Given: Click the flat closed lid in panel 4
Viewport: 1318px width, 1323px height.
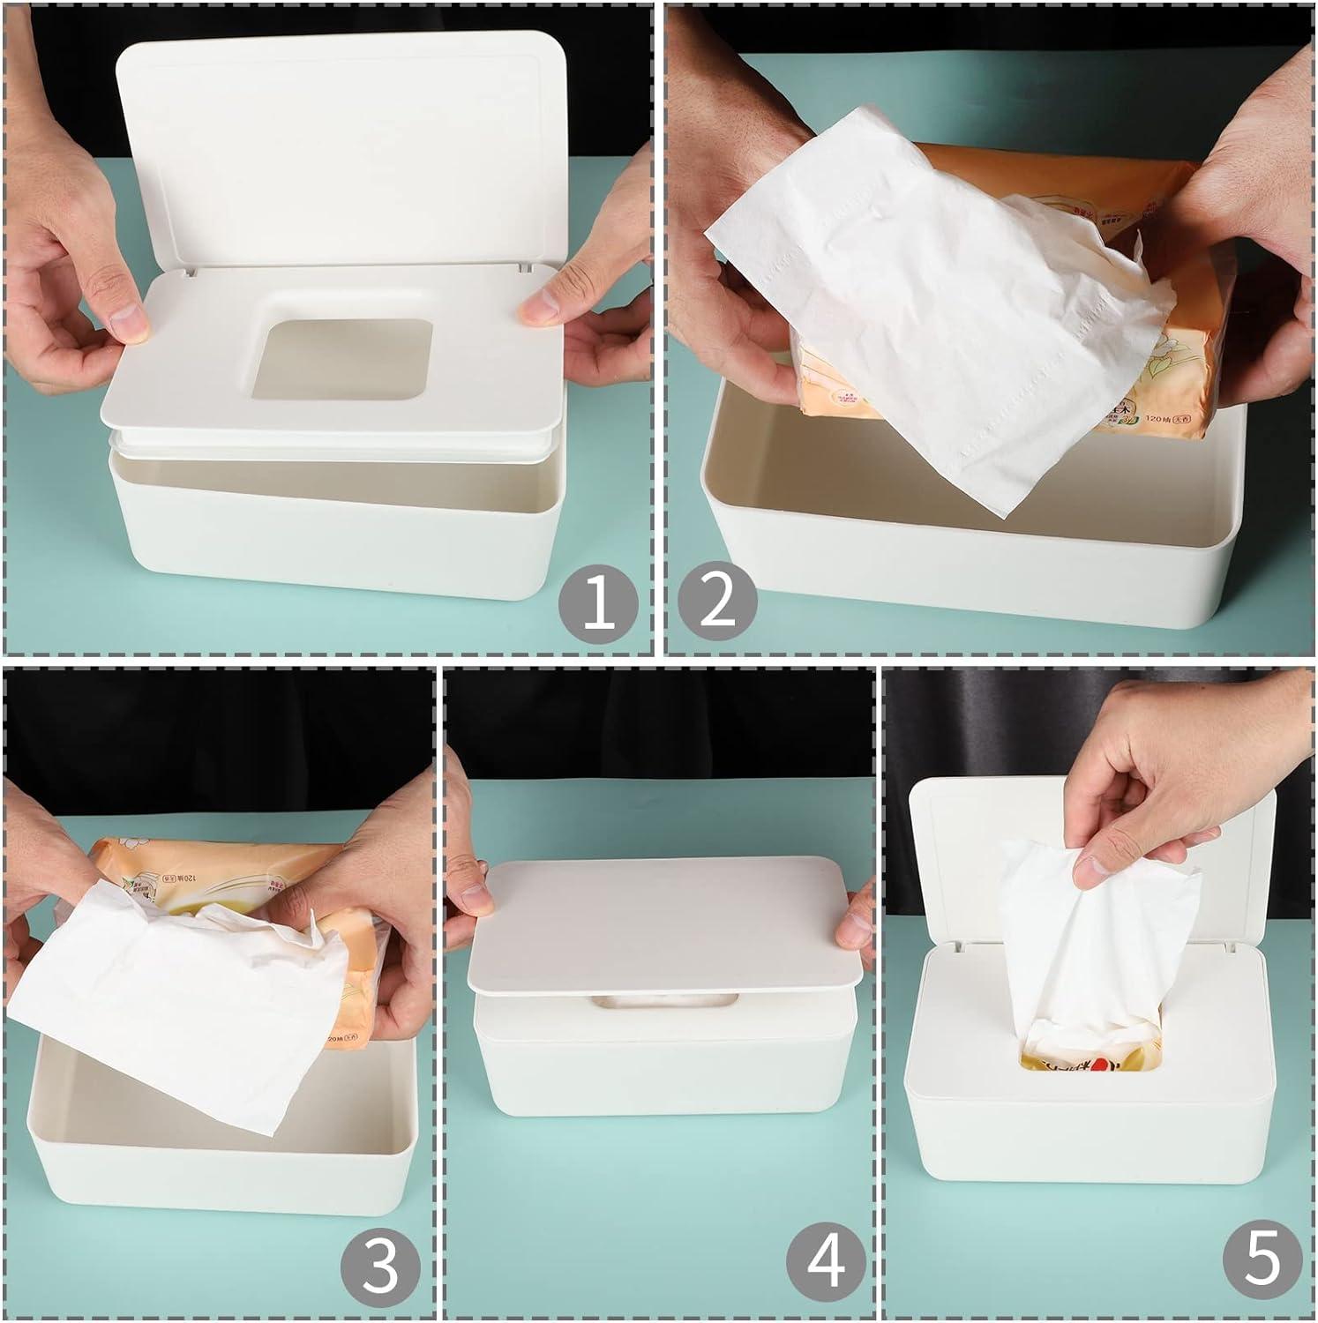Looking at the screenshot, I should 662,926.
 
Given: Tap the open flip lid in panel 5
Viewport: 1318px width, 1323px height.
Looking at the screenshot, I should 962,847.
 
